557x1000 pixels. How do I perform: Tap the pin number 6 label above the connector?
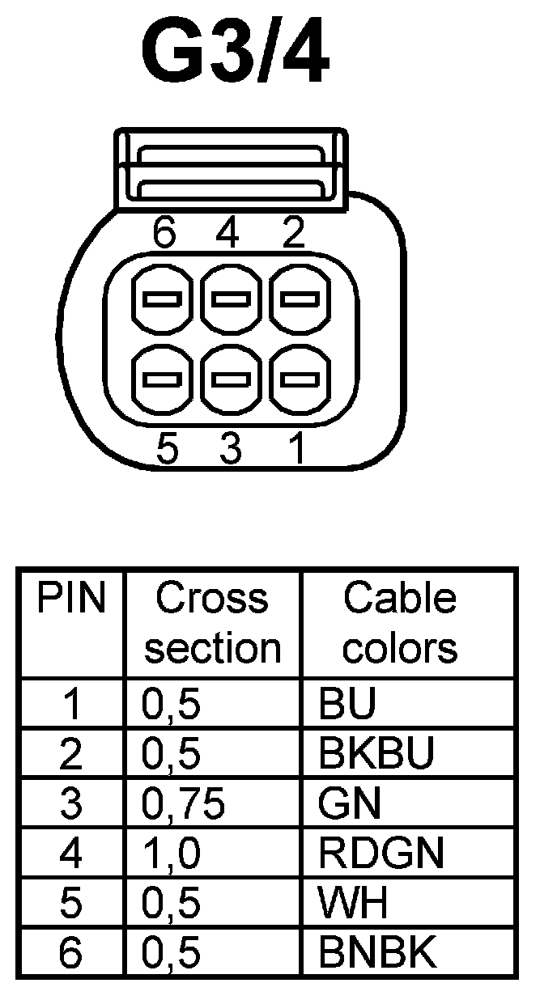[x=164, y=234]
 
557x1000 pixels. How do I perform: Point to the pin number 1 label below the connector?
[x=297, y=449]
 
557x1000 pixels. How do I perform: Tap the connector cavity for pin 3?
[x=231, y=379]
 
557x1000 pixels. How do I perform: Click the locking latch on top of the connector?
[x=232, y=170]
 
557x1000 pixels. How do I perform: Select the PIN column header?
[x=71, y=600]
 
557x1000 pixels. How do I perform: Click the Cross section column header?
[x=212, y=623]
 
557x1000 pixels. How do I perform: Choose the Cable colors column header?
[x=400, y=623]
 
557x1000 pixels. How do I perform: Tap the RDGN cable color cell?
[x=381, y=854]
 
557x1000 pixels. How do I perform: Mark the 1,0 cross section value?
[x=171, y=854]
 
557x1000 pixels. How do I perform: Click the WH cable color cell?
[x=354, y=904]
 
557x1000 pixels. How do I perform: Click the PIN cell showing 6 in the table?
[x=71, y=953]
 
